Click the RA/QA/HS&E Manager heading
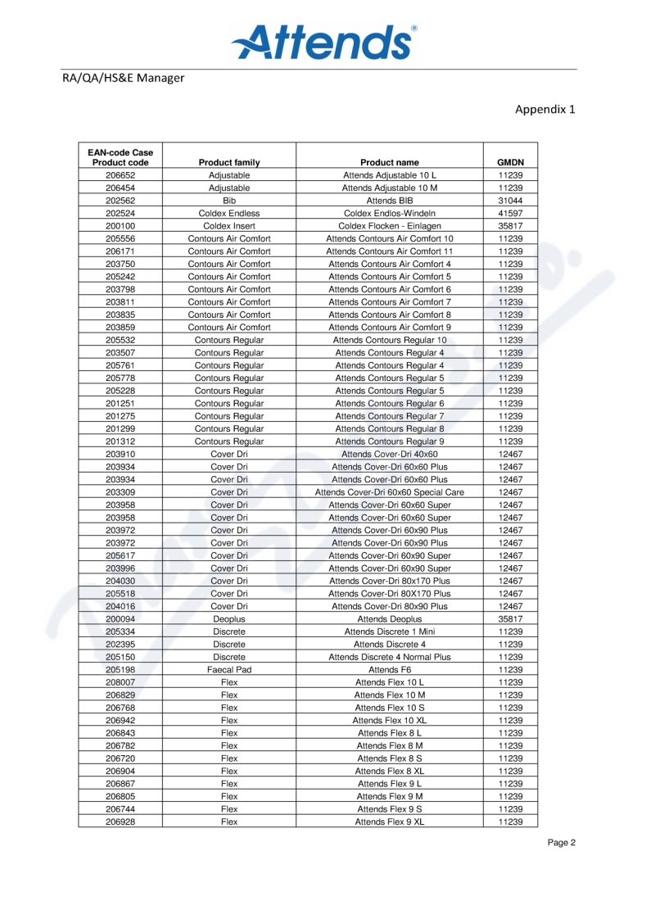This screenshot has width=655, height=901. pos(123,79)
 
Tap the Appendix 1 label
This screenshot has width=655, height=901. pos(545,110)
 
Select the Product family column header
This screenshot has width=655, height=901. pos(229,162)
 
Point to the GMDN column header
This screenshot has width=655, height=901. pos(511,162)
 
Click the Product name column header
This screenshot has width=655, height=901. pos(389,162)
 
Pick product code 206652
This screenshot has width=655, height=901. pos(120,175)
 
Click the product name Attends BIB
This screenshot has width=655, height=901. pos(389,201)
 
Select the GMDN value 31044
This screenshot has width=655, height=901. pos(511,201)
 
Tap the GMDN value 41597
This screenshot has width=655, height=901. pos(511,213)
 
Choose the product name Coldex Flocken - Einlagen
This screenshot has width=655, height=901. pos(389,226)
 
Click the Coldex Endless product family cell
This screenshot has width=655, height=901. pos(229,213)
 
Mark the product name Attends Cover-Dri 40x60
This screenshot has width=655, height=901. pos(389,454)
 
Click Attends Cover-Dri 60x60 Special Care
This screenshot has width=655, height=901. pos(389,492)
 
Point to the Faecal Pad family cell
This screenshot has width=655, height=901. pos(229,669)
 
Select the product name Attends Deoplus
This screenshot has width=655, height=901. pos(389,619)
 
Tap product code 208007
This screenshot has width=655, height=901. pos(120,682)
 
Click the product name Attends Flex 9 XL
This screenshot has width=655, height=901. pos(389,822)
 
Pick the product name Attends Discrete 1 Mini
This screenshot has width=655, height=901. pos(389,632)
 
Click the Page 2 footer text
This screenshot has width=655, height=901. pos(562,843)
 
